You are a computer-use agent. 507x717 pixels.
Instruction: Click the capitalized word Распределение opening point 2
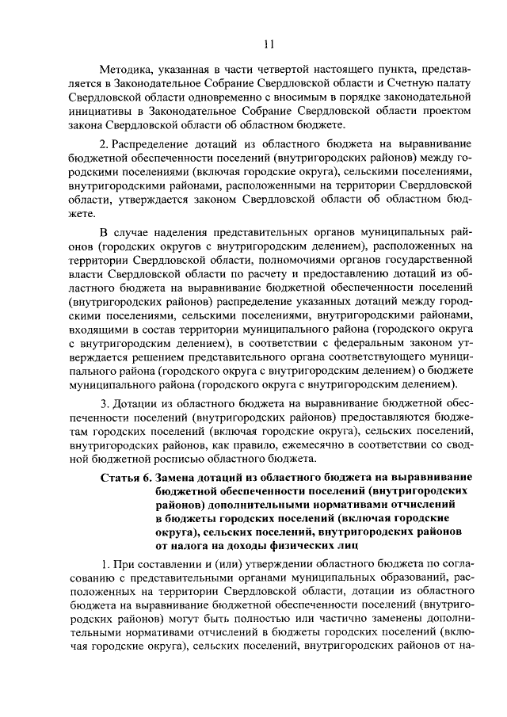pos(157,147)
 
